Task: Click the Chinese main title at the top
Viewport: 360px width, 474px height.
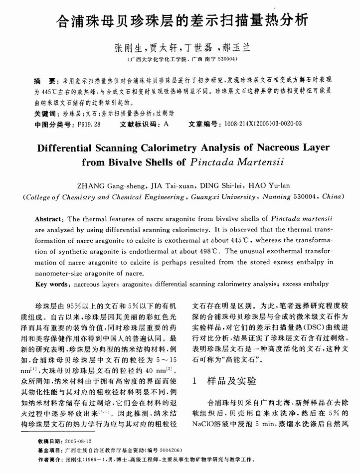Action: [180, 20]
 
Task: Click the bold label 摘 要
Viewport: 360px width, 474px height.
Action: [45, 80]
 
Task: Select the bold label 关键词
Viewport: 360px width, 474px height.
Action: [46, 114]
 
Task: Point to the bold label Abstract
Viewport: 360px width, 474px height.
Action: [49, 220]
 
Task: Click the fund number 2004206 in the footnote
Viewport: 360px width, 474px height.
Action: [170, 450]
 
